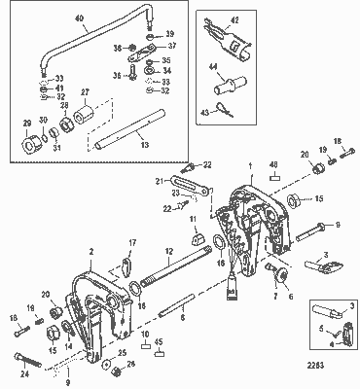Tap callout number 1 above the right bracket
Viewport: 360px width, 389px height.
click(x=249, y=166)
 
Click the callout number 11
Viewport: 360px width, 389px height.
click(x=194, y=220)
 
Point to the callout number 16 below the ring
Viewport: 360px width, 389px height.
click(x=219, y=262)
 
